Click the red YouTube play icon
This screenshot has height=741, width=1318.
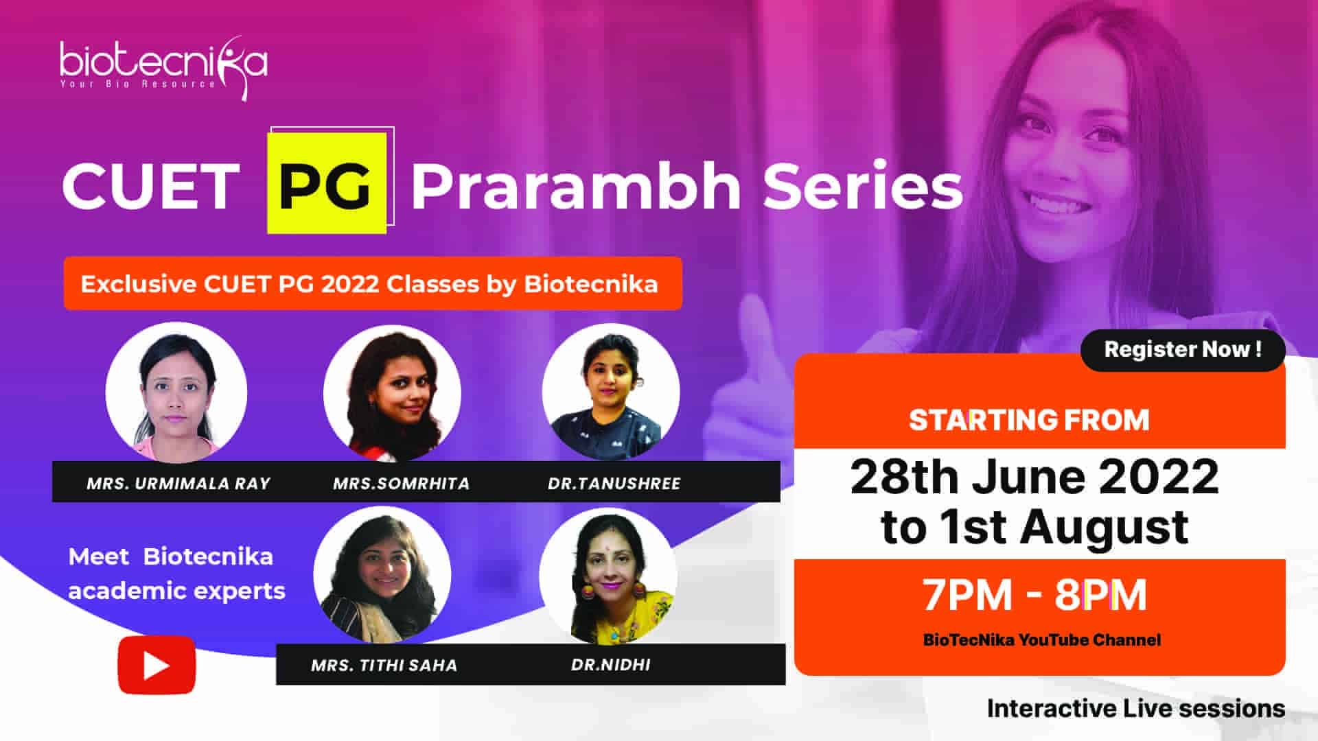pyautogui.click(x=157, y=665)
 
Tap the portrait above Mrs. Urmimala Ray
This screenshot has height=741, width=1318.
pyautogui.click(x=176, y=392)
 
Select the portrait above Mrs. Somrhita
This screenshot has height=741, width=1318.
pyautogui.click(x=392, y=392)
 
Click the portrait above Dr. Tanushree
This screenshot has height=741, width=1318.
pyautogui.click(x=611, y=392)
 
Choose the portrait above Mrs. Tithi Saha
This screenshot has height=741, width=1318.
pyautogui.click(x=382, y=575)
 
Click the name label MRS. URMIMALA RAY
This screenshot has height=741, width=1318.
pyautogui.click(x=178, y=483)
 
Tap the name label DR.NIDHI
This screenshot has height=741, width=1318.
pyautogui.click(x=611, y=664)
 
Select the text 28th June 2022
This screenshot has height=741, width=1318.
pyautogui.click(x=1034, y=476)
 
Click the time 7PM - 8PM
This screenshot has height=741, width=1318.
pyautogui.click(x=1034, y=595)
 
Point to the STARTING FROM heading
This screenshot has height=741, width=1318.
pyautogui.click(x=1029, y=420)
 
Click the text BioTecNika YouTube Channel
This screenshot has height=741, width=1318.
pyautogui.click(x=1042, y=640)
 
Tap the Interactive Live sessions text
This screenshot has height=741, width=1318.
pyautogui.click(x=1136, y=708)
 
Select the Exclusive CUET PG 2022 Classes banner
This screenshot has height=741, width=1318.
pyautogui.click(x=373, y=283)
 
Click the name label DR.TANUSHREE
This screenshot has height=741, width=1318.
pyautogui.click(x=614, y=483)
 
